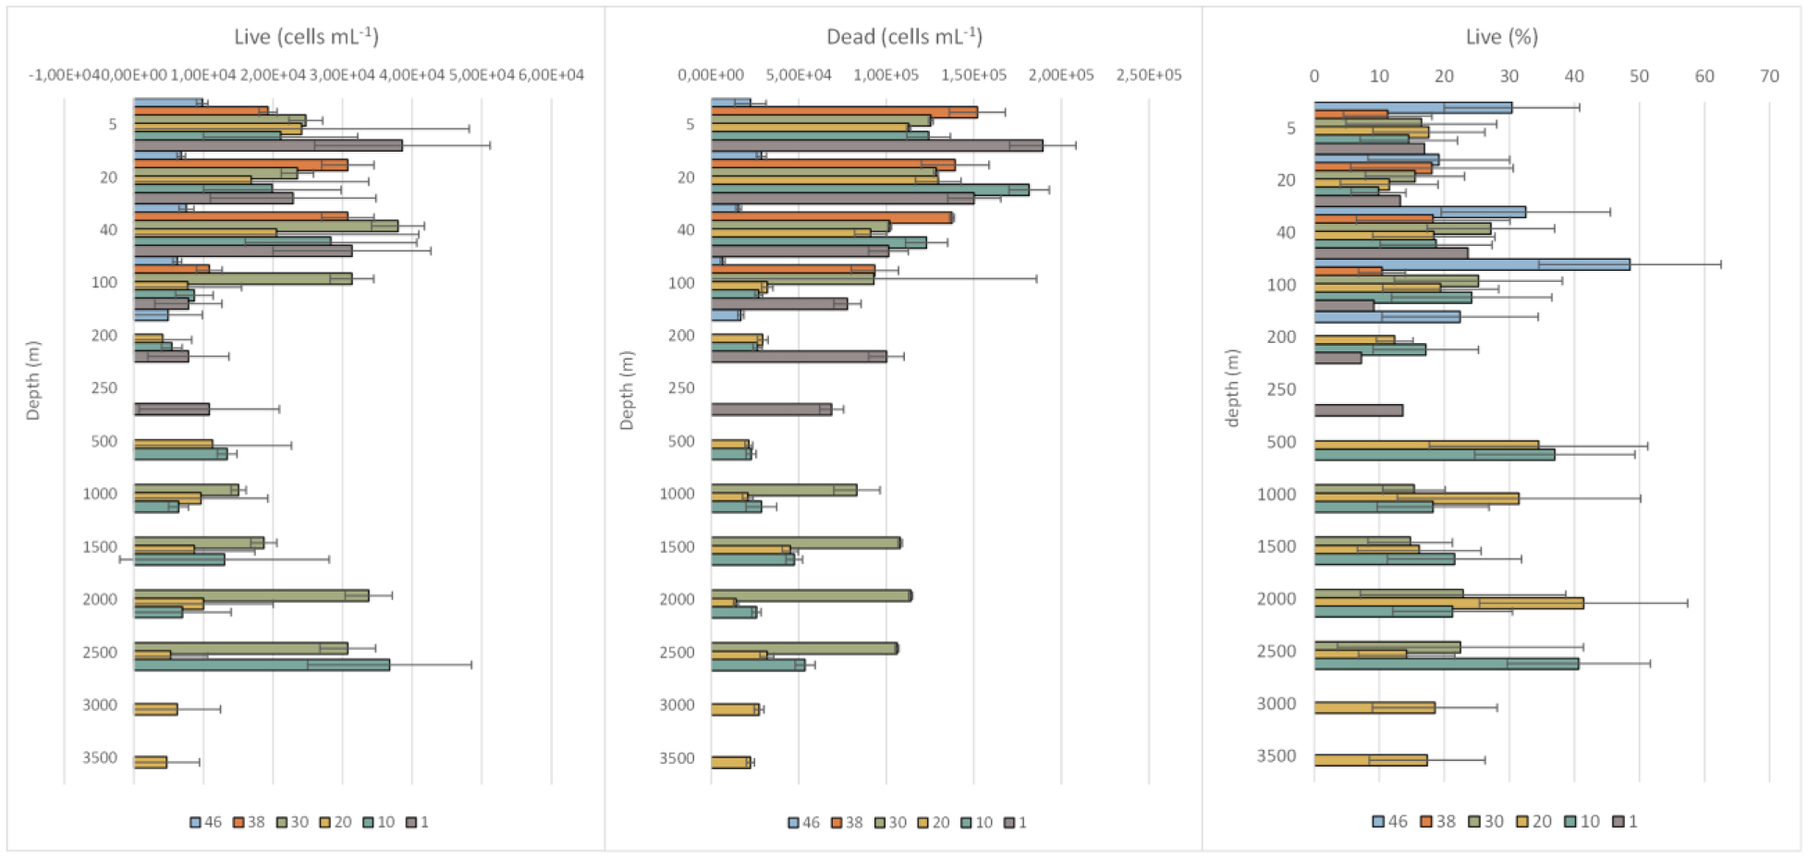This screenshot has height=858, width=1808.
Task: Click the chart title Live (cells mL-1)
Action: point(306,37)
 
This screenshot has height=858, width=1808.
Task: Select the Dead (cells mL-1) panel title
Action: point(904,37)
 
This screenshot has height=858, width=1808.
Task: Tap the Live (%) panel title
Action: point(1501,37)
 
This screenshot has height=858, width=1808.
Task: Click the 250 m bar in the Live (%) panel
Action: point(1358,411)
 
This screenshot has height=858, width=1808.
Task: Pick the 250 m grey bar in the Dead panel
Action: point(771,410)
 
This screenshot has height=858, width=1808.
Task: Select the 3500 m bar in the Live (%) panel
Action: point(1370,760)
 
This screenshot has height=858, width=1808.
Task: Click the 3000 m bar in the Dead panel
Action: point(735,709)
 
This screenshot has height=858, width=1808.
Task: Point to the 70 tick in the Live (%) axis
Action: point(1769,76)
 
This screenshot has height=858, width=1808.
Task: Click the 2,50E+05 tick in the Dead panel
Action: point(1149,75)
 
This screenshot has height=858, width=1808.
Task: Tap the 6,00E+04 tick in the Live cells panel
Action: point(551,75)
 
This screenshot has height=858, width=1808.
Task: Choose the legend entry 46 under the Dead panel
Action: point(803,822)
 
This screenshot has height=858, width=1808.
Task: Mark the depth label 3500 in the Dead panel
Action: point(677,758)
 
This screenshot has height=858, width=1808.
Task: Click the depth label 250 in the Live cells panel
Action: point(104,388)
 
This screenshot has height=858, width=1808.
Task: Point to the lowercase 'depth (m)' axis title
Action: point(1231,388)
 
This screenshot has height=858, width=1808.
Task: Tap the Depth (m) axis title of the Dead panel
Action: point(627,390)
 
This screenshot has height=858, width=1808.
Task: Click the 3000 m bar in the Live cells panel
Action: point(155,709)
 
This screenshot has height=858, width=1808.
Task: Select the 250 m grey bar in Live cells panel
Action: point(172,409)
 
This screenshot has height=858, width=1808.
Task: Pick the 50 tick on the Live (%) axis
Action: point(1639,76)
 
